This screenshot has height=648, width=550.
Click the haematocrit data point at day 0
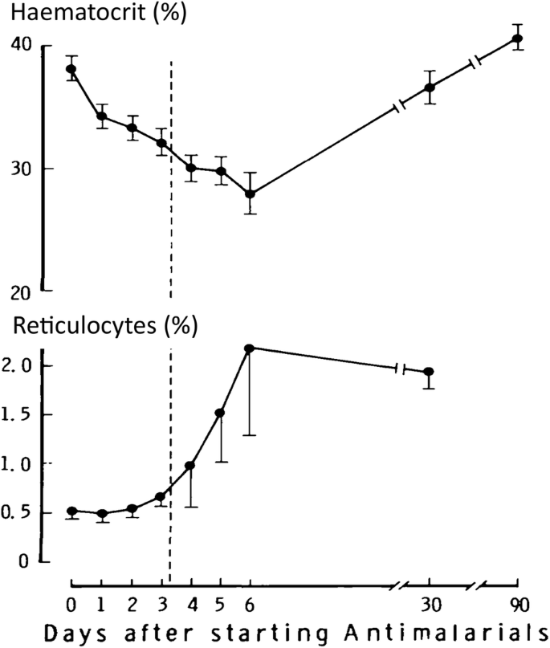[71, 68]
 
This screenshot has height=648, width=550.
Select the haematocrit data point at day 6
[250, 194]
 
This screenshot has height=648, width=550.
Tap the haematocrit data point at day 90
[518, 38]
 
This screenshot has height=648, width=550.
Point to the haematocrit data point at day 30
[430, 87]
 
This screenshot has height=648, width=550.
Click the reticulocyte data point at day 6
[250, 348]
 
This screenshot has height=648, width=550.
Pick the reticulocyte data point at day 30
[429, 372]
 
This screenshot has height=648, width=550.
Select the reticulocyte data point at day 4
[190, 465]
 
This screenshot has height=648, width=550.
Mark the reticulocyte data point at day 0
[71, 511]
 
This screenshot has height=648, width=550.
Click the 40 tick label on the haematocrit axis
[21, 46]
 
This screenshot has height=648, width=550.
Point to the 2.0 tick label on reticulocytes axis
[18, 366]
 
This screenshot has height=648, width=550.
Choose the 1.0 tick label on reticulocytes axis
[18, 464]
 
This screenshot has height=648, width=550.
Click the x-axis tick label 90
[518, 603]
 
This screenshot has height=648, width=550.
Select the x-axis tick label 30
[430, 603]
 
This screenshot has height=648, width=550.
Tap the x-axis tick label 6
[250, 603]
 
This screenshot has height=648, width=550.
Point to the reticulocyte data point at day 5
[220, 413]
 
